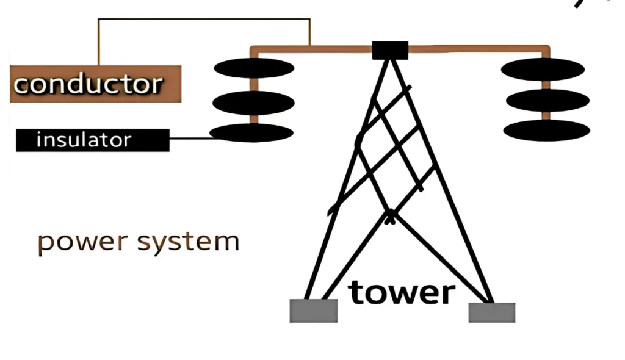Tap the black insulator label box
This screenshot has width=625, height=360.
click(x=92, y=140)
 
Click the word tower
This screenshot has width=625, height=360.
click(x=402, y=292)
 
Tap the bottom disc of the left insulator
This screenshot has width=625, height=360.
click(x=251, y=132)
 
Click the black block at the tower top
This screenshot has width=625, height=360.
click(x=390, y=50)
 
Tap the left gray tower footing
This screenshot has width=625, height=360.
click(x=314, y=311)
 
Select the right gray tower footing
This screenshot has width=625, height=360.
click(x=492, y=312)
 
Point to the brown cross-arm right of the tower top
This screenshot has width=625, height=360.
click(x=476, y=48)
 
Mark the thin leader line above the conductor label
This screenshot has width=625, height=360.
click(x=201, y=19)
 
